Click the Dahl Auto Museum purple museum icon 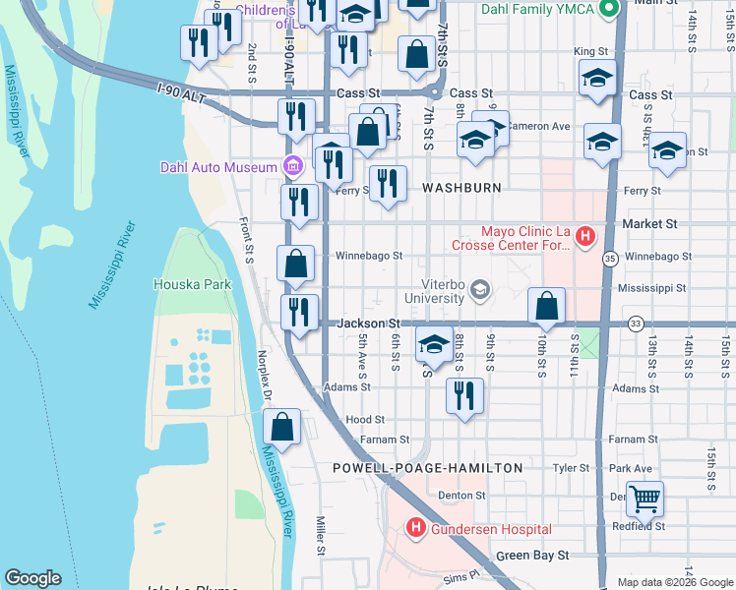click(292, 166)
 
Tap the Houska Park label click(192, 284)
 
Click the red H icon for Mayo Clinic click(584, 236)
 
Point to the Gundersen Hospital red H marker click(415, 529)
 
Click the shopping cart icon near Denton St click(644, 499)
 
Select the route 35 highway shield click(610, 259)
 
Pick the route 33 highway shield click(637, 323)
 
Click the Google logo click(32, 578)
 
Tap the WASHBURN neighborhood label click(461, 187)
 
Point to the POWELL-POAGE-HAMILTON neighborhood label click(427, 468)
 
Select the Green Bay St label click(532, 555)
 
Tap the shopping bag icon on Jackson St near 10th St click(546, 306)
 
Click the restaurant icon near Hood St click(463, 395)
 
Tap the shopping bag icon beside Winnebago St click(295, 264)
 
